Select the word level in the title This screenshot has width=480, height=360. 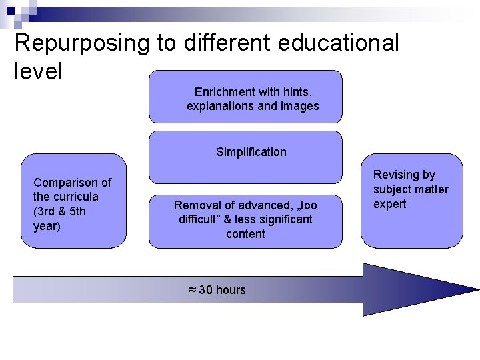click(x=38, y=71)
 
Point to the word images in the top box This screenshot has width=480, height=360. click(x=301, y=106)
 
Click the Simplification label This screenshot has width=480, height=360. click(x=251, y=152)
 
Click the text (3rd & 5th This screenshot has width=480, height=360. click(x=59, y=211)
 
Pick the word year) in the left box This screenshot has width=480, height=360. click(x=47, y=226)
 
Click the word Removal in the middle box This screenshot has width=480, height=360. click(x=195, y=205)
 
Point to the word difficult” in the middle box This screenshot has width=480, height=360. click(x=201, y=219)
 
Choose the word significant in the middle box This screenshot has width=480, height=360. click(x=283, y=219)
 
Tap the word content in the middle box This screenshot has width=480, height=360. click(x=245, y=234)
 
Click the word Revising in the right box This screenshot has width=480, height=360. click(x=395, y=175)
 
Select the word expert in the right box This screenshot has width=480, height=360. click(x=389, y=204)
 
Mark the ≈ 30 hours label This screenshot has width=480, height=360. click(x=217, y=290)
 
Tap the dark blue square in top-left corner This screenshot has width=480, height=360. click(x=10, y=10)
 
